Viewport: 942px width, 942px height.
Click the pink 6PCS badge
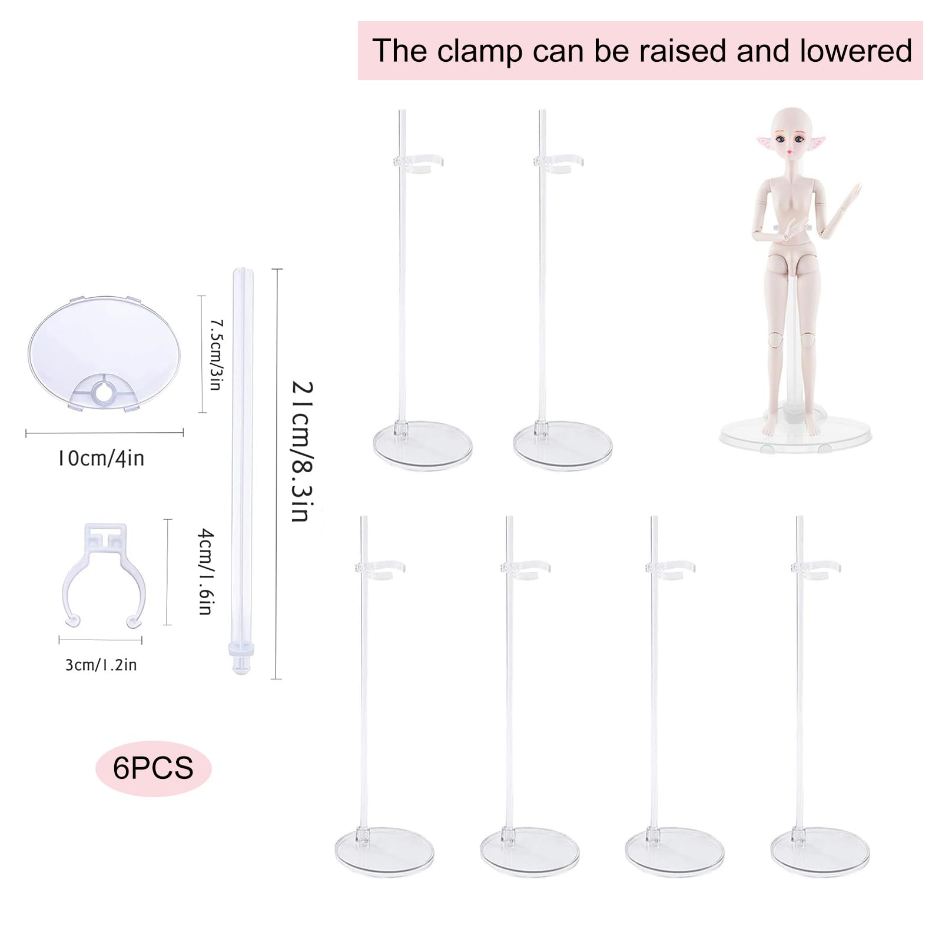[x=153, y=768]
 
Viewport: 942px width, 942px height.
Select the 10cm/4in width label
[x=101, y=458]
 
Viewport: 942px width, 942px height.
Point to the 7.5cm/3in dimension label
[x=216, y=354]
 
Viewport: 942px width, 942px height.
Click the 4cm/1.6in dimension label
[x=204, y=571]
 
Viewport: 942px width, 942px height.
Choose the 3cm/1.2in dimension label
[x=101, y=665]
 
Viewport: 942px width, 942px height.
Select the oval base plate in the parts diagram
[x=104, y=353]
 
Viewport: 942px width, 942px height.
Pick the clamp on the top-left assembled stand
[x=418, y=163]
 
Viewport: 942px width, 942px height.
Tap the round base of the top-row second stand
[x=563, y=445]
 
